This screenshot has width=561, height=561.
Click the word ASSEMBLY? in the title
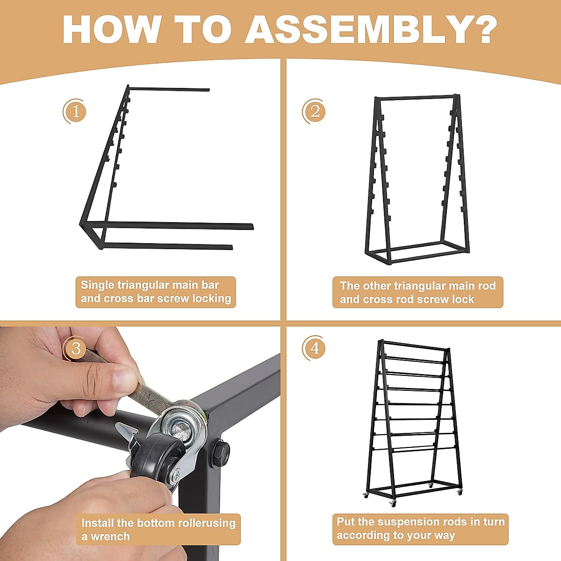[371, 30]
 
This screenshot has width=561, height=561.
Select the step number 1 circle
[74, 111]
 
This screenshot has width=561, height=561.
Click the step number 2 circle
[314, 111]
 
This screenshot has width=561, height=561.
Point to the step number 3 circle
[74, 348]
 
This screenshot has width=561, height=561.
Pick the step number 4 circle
[314, 348]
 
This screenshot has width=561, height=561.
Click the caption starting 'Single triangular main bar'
[156, 292]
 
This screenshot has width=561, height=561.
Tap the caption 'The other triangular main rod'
[418, 292]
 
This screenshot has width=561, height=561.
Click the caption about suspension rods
[420, 529]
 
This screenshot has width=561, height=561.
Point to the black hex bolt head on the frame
[220, 453]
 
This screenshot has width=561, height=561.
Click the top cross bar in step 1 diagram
[169, 89]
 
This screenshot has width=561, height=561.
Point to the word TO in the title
[203, 30]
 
